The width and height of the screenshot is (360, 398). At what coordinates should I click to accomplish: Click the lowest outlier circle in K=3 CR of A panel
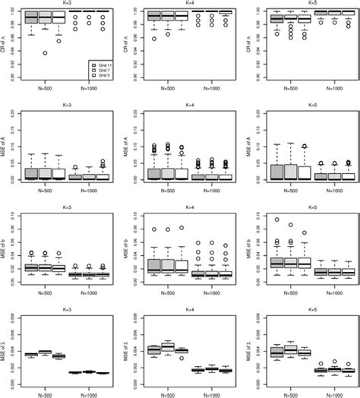46,52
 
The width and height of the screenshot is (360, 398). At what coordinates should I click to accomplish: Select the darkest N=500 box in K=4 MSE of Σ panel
153,350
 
